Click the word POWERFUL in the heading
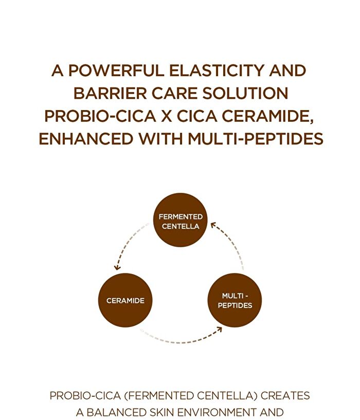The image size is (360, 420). pos(116,71)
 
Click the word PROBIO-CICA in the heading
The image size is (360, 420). pos(100,116)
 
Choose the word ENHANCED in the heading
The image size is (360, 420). pos(86,139)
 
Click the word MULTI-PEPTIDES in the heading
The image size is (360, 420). pos(256,139)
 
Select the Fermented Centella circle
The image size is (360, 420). pos(181,220)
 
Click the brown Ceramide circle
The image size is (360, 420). pos(125,300)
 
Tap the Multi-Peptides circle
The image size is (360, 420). pos(235,300)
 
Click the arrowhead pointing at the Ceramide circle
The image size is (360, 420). pos(117,267)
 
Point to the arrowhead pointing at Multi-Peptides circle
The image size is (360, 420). pos(220,329)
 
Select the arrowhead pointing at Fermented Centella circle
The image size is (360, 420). pos(213,225)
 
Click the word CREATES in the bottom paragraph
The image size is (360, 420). pos(285,396)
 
